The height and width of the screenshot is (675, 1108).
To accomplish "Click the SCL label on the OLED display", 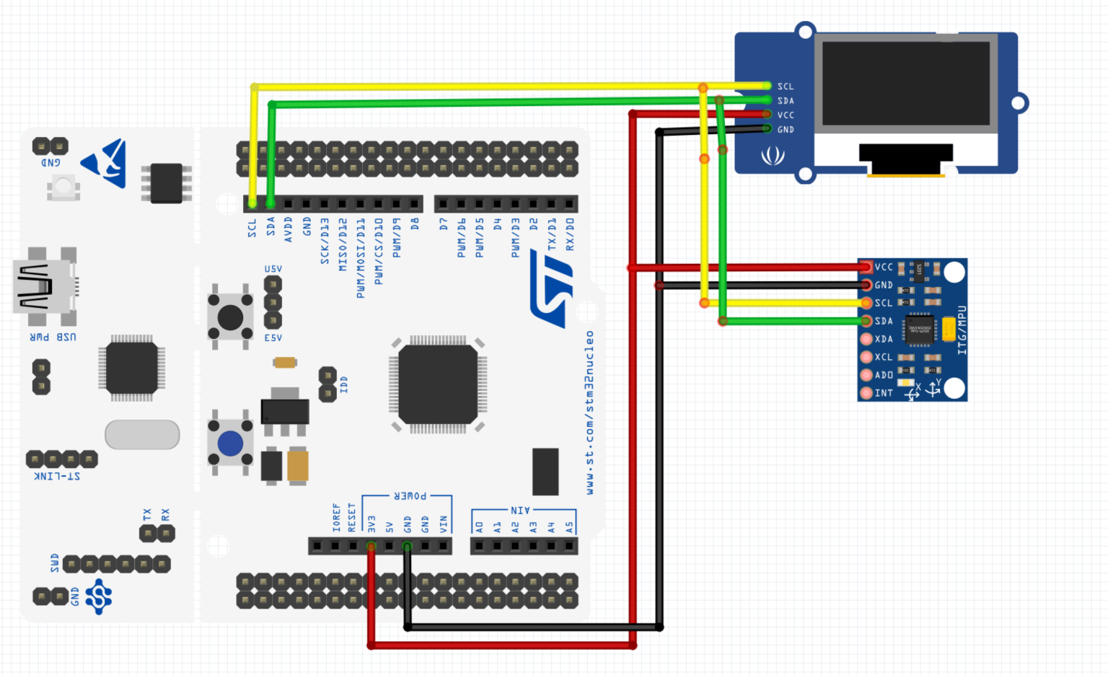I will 785,87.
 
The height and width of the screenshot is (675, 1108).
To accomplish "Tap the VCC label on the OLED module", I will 785,115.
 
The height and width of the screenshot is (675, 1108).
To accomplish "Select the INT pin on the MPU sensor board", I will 867,393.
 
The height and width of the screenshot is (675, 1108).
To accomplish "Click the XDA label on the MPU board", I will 884,339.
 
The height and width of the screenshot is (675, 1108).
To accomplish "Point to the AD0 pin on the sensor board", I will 867,375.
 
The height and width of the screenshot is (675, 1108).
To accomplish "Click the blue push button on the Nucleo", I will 230,444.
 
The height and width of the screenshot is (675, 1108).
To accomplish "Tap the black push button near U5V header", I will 230,317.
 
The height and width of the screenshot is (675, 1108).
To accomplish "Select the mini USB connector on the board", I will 43,286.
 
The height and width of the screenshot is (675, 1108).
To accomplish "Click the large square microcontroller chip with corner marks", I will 438,384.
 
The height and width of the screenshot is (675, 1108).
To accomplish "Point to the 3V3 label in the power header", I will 371,523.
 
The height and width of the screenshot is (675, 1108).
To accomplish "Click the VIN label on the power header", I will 443,524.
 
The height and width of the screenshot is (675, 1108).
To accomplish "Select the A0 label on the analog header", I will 479,527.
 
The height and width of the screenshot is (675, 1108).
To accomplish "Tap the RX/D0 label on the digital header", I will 570,234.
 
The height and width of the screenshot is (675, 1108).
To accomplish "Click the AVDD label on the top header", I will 289,229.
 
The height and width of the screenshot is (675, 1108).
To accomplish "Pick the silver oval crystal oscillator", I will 142,435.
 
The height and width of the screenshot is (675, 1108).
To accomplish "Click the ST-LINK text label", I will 57,476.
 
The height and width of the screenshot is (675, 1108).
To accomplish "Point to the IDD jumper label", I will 343,384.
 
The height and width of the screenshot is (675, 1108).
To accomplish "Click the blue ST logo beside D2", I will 553,288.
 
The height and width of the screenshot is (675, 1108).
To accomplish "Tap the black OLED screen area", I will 906,83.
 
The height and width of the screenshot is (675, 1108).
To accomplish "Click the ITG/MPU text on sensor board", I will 962,330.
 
